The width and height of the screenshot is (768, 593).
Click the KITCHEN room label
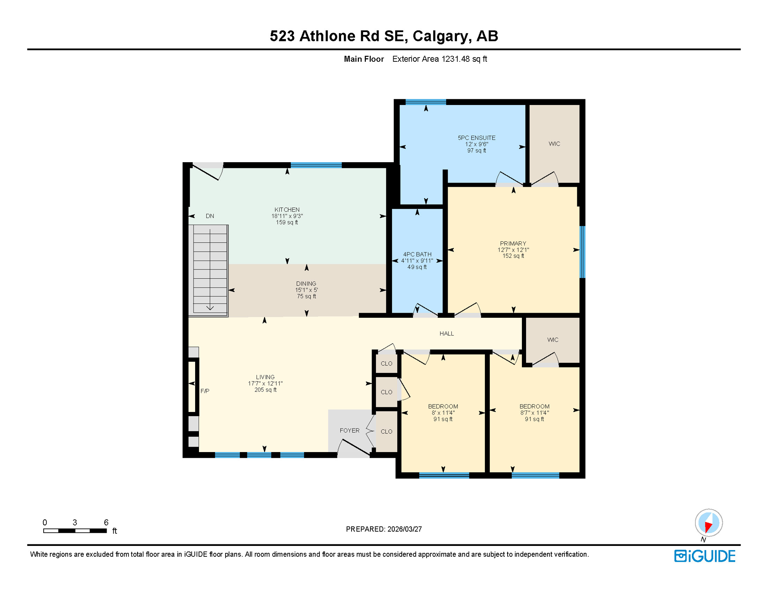pyautogui.click(x=287, y=210)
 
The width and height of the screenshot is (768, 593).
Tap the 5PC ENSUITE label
pyautogui.click(x=476, y=138)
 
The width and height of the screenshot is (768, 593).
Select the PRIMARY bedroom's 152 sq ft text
pyautogui.click(x=513, y=256)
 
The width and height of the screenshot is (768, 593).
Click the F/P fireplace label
pyautogui.click(x=205, y=391)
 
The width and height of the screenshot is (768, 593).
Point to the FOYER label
pyautogui.click(x=349, y=430)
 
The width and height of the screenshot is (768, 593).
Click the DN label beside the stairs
pyautogui.click(x=210, y=216)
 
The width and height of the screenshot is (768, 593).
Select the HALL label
pyautogui.click(x=447, y=334)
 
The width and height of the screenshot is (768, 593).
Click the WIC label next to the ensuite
pyautogui.click(x=554, y=144)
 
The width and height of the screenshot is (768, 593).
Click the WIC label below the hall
pyautogui.click(x=552, y=340)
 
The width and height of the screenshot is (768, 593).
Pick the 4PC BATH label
pyautogui.click(x=417, y=254)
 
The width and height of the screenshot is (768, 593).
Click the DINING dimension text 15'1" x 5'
pyautogui.click(x=306, y=290)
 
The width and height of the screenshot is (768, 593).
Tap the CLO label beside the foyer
pyautogui.click(x=386, y=432)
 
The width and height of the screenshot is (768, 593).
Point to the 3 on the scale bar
pyautogui.click(x=75, y=522)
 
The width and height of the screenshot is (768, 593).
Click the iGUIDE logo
pyautogui.click(x=705, y=556)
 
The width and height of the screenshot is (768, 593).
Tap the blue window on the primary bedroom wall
pyautogui.click(x=582, y=252)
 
